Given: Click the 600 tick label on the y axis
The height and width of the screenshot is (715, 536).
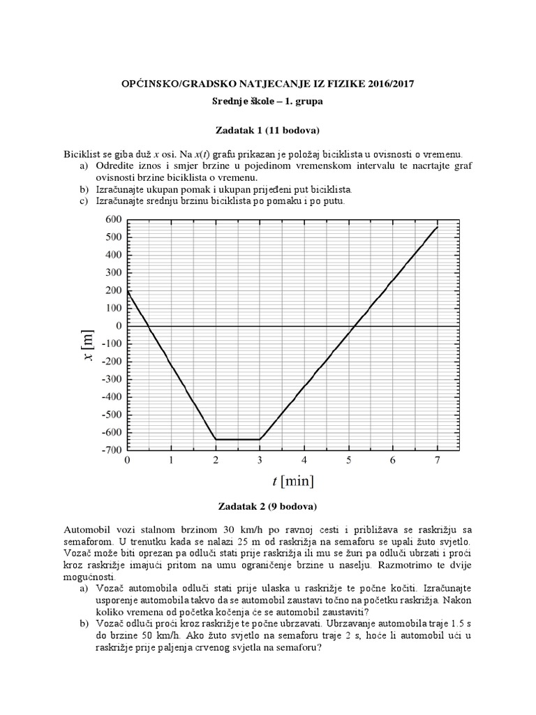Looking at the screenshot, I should coord(112,219).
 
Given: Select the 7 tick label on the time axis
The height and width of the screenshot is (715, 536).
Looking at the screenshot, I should coord(437,461).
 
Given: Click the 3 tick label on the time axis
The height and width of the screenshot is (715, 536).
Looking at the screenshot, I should coord(260,461).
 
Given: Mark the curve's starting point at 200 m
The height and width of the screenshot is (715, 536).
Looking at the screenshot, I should coord(128,290).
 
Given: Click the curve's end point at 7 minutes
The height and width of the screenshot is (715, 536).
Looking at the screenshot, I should coord(437,227).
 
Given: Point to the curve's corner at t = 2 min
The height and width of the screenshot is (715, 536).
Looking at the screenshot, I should coord(216,439).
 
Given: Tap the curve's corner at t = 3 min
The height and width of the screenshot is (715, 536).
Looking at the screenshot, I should coord(260,439).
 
